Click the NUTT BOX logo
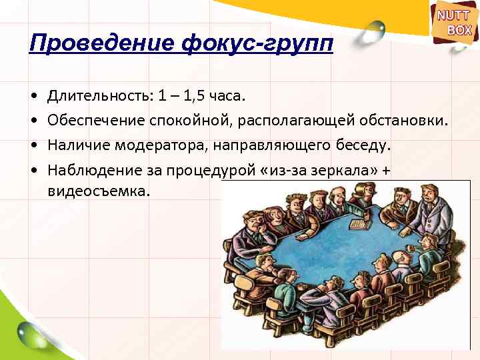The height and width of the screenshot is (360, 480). click(x=455, y=23)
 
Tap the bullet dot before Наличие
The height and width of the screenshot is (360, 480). click(x=33, y=145)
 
